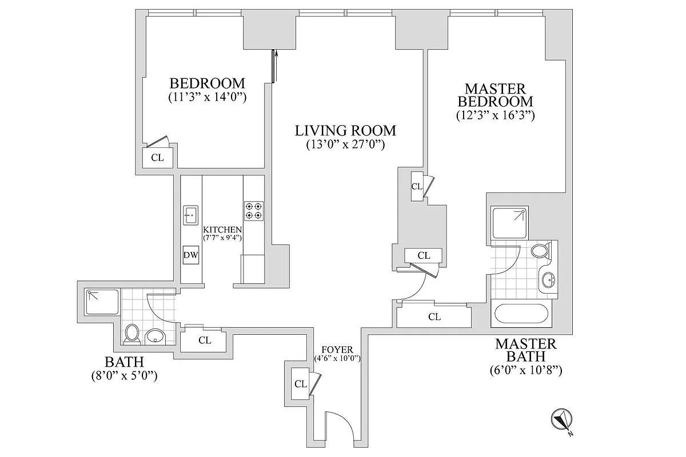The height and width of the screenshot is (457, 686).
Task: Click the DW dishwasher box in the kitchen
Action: tap(190, 255)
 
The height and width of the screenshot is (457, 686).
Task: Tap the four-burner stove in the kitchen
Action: tap(253, 211)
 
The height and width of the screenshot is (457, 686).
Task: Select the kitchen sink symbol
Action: tap(190, 215)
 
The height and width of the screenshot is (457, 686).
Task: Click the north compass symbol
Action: tap(562, 420)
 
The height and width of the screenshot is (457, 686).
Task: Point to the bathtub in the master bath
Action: tap(521, 315)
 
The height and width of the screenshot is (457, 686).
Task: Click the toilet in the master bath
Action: tap(540, 250)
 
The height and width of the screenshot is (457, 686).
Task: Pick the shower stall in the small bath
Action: tap(102, 302)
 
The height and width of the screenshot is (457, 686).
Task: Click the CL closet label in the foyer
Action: tap(301, 384)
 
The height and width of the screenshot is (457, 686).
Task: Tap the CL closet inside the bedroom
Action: tap(157, 158)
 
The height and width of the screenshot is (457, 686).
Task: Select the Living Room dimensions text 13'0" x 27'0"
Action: tap(345, 145)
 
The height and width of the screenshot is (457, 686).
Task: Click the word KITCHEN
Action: tap(222, 229)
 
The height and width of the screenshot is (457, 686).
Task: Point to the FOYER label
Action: tap(337, 350)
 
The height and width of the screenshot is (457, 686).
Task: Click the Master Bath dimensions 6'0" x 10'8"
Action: tap(526, 370)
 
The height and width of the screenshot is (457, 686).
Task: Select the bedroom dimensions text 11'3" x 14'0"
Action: tap(207, 97)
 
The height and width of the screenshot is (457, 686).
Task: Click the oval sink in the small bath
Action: tap(155, 336)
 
